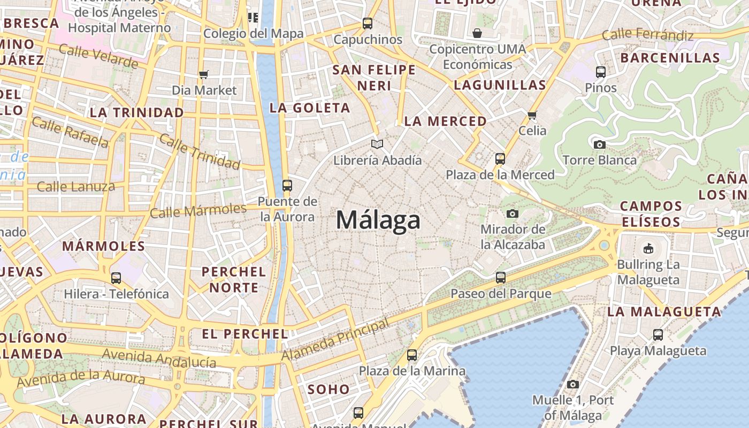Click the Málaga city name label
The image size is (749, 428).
pos(378,220)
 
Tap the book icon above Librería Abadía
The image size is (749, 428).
pos(377,144)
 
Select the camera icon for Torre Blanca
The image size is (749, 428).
pos(600,144)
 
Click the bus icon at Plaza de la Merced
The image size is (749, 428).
pos(500,159)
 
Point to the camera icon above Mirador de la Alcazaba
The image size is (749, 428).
pos(513,213)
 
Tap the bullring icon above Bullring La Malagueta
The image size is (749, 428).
pos(648,248)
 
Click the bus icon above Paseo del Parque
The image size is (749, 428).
pos(501,277)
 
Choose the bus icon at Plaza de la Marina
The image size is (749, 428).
pos(412,355)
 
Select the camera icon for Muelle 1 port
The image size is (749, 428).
pos(573,384)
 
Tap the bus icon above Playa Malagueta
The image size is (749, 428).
pos(658,335)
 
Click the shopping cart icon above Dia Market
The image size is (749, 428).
pos(204,74)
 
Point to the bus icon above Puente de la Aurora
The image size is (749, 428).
pos(287,186)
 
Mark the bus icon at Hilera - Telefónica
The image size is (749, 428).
pos(116,278)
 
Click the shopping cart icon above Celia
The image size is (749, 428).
pos(532,115)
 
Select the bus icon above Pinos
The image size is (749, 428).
pos(601,72)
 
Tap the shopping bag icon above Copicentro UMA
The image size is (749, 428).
pos(477,33)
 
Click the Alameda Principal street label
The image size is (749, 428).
pos(335,340)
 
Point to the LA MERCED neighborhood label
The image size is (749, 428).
pos(445,121)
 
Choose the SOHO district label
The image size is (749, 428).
pos(328,389)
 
